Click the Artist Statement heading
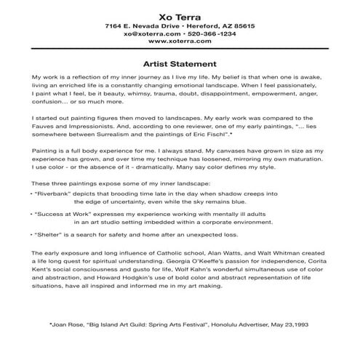pos(180,63)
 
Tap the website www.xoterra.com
pos(180,41)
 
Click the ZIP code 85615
pos(241,25)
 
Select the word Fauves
pos(44,124)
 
